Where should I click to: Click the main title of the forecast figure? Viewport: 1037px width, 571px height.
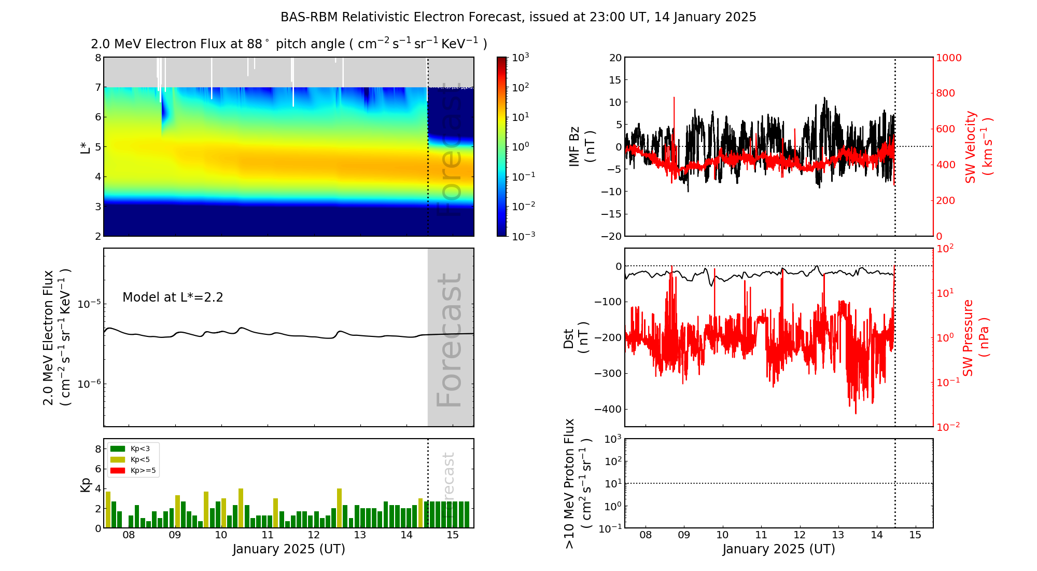[518, 17]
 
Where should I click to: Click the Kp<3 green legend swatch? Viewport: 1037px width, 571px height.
[118, 449]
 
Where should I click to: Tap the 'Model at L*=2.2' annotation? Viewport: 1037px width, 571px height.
[173, 297]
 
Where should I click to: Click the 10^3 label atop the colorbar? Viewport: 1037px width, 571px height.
[520, 57]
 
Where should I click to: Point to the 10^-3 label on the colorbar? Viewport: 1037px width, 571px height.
[523, 236]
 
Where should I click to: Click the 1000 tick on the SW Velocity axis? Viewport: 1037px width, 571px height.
[948, 58]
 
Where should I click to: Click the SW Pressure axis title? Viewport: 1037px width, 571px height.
[975, 337]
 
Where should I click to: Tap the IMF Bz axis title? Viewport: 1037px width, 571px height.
[582, 147]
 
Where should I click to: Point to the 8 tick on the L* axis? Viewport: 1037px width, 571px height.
[98, 58]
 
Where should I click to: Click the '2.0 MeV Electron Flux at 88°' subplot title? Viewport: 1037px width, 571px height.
[289, 44]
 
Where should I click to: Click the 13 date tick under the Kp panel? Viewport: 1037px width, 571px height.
[360, 535]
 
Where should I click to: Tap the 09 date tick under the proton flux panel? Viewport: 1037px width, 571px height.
[684, 535]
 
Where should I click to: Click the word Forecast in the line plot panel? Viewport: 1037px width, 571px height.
[449, 340]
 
